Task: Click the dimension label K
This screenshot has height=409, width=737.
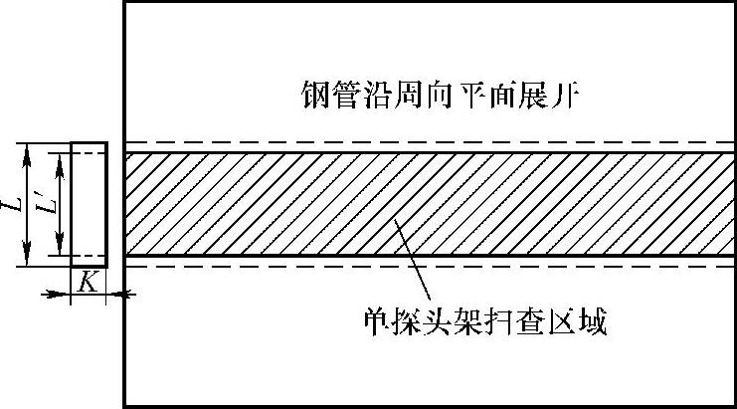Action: point(88,282)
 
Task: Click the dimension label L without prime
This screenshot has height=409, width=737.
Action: point(14,204)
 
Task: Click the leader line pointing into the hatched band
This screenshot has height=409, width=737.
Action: point(413,259)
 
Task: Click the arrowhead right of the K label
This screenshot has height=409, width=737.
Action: point(117,294)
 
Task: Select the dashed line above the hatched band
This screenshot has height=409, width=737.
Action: point(428,142)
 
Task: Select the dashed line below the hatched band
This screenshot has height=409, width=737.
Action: point(428,267)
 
